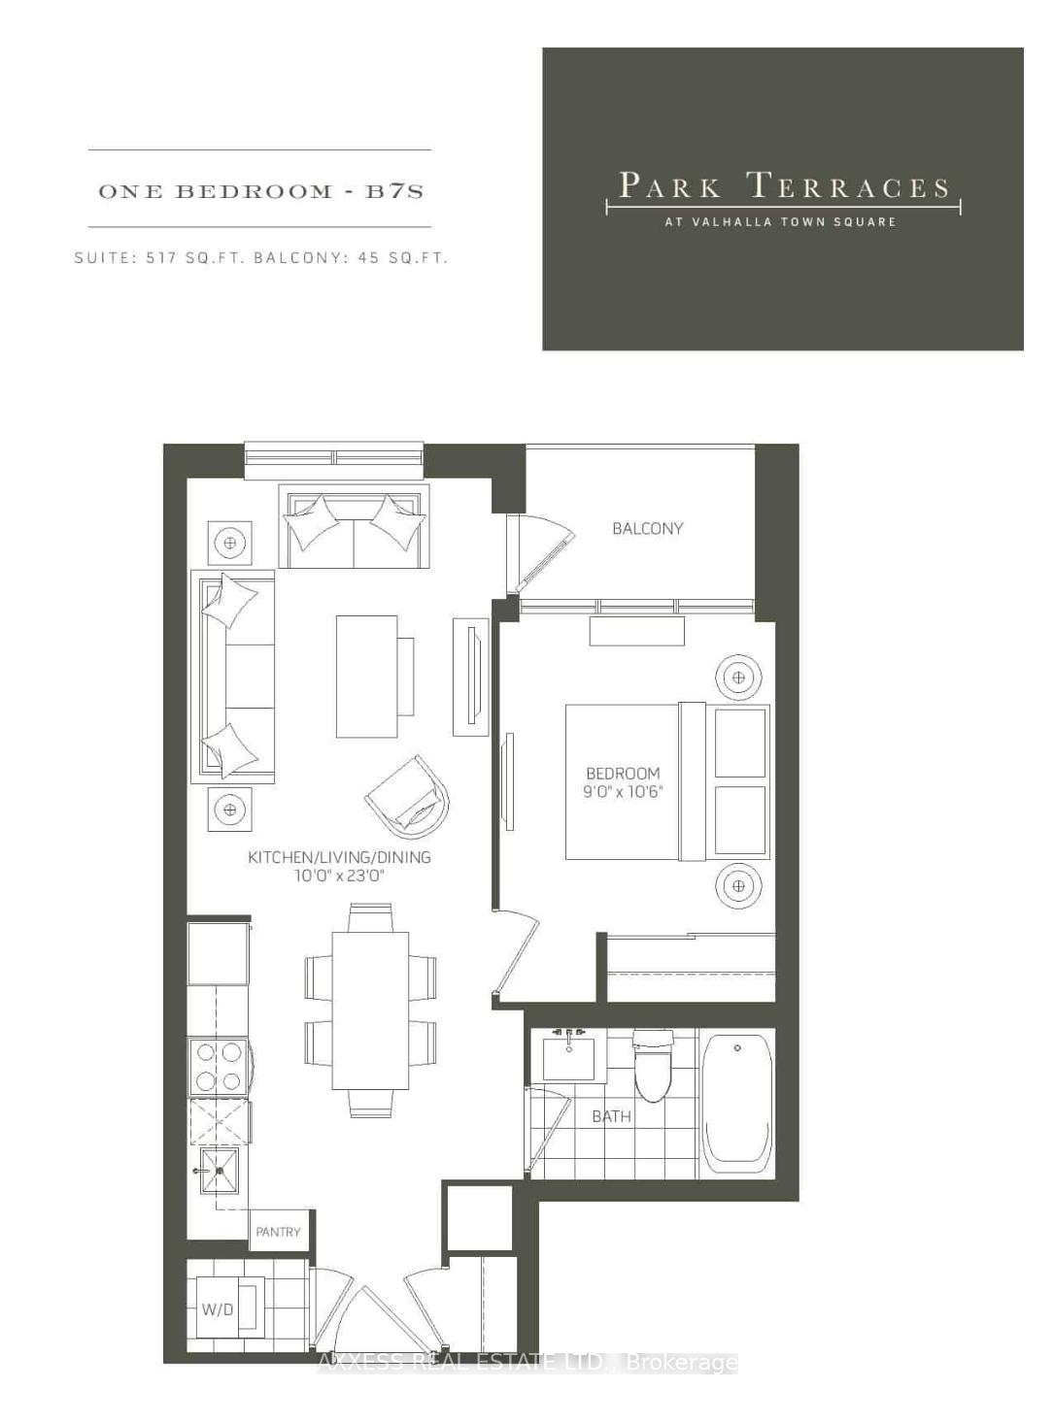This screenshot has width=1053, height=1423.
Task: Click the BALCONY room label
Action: click(x=647, y=528)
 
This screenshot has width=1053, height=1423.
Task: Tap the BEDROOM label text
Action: click(x=623, y=774)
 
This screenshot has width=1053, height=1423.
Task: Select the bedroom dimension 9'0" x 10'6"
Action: click(x=623, y=792)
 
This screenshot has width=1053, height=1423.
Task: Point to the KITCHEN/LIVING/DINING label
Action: click(x=339, y=857)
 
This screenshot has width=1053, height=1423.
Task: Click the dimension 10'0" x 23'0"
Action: click(x=339, y=876)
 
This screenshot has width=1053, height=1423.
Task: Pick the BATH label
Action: click(x=611, y=1116)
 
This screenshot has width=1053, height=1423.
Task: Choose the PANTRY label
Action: click(x=278, y=1232)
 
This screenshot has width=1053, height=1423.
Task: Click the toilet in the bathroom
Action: click(x=653, y=1066)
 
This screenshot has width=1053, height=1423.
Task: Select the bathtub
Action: click(x=737, y=1103)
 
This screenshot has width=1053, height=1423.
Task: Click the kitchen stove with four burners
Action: click(x=219, y=1066)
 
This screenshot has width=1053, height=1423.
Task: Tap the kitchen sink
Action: click(x=221, y=1171)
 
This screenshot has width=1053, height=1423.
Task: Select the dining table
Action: click(x=370, y=1010)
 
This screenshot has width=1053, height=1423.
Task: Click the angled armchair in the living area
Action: click(x=409, y=798)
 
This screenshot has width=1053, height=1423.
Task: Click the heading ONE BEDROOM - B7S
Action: click(x=260, y=191)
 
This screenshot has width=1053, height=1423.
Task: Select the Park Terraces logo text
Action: click(x=783, y=186)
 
